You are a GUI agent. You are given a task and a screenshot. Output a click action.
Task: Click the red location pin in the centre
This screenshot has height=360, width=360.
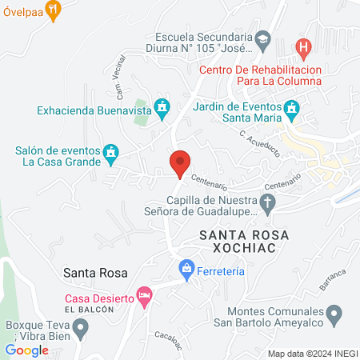(x=180, y=162)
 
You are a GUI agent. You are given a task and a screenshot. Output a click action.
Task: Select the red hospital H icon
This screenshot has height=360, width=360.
(x=303, y=47)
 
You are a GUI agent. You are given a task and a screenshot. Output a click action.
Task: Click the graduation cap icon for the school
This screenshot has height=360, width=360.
(x=262, y=38)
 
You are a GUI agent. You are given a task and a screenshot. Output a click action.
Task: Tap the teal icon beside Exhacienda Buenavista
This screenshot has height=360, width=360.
(x=162, y=106)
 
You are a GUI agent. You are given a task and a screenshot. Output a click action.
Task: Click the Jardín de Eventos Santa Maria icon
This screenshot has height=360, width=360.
(x=292, y=107)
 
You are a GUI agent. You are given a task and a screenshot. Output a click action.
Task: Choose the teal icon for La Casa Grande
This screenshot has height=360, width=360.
(x=110, y=150)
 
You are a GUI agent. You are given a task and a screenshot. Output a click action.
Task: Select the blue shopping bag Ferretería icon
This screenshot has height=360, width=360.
(x=186, y=268)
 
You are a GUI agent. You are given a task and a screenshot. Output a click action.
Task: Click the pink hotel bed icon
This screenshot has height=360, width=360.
(x=144, y=296)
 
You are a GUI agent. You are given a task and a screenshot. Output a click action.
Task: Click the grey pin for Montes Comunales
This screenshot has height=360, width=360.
(x=336, y=310)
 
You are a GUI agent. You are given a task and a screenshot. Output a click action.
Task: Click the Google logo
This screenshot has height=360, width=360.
(x=26, y=350)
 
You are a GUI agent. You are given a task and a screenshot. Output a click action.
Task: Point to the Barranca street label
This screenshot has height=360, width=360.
(x=331, y=280)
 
